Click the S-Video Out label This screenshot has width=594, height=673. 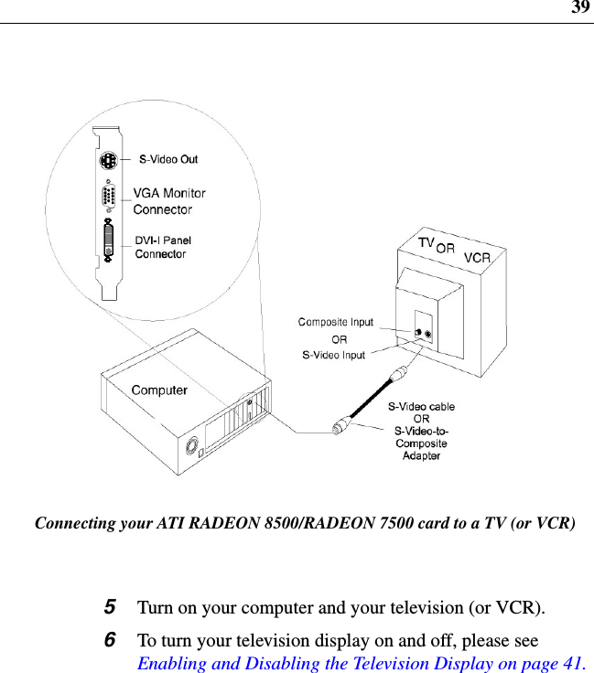pos(167,159)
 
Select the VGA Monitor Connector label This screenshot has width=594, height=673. pos(169,201)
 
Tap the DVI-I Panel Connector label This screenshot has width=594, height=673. pos(163,247)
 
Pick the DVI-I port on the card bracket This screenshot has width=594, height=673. pos(109,241)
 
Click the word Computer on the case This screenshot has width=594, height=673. pos(159,390)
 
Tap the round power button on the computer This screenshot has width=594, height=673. pos(192,449)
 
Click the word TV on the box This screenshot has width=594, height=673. pos(426,243)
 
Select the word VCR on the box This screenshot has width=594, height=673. pos(477,258)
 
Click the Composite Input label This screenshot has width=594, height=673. pos(336,322)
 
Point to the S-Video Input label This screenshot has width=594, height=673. pos(334,355)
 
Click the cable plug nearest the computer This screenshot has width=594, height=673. pos(340,426)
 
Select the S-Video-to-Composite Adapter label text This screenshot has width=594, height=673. pos(421,443)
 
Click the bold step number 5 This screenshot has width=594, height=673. pos(110,607)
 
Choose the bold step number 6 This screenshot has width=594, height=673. pos(110,639)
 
